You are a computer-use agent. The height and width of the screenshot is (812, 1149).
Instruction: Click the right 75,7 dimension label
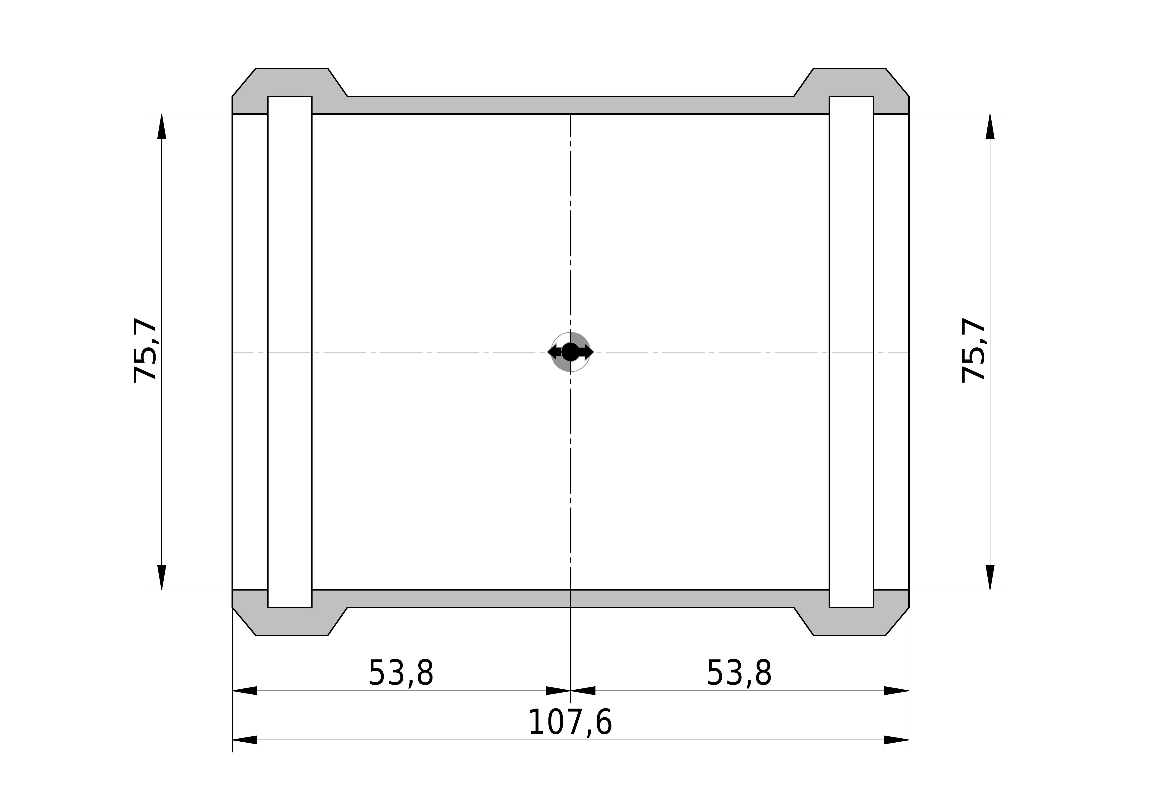pos(973,350)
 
